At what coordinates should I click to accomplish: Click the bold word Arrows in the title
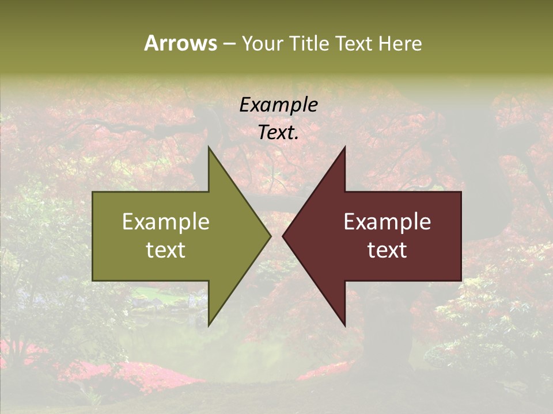click(180, 43)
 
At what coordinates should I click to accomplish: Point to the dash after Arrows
click(229, 44)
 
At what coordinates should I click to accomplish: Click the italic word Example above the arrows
click(278, 105)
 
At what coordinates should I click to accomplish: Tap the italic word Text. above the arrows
click(278, 133)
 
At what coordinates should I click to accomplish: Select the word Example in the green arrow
click(165, 221)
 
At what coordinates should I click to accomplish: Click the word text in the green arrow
click(165, 250)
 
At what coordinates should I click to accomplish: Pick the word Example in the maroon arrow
click(387, 221)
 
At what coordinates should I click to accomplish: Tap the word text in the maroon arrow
click(387, 250)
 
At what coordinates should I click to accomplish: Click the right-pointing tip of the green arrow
click(270, 236)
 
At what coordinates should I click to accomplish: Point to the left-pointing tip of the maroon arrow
click(283, 236)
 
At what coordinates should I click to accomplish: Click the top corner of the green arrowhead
click(209, 148)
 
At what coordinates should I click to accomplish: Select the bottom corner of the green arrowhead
click(209, 325)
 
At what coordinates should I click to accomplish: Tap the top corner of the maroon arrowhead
click(344, 148)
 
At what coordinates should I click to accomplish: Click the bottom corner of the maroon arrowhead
click(344, 325)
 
